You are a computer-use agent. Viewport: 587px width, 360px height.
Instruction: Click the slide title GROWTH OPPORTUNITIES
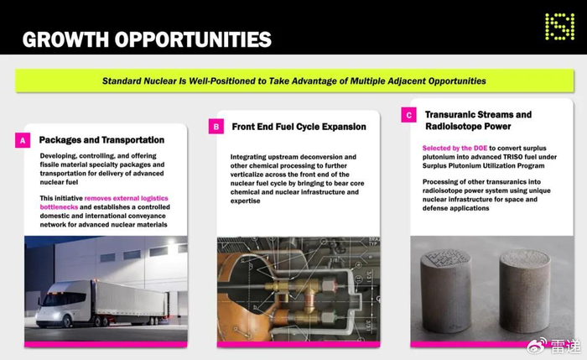tap(147, 39)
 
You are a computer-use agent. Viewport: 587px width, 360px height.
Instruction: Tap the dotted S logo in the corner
tap(559, 26)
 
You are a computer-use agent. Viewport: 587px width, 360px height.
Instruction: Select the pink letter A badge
tap(23, 140)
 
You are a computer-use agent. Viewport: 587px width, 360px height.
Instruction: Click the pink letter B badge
tap(216, 127)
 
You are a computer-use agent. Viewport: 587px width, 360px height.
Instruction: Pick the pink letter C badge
tap(408, 115)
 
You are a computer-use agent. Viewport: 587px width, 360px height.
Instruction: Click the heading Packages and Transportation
tap(101, 140)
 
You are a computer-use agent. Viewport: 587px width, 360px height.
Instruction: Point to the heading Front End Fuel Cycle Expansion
tap(299, 127)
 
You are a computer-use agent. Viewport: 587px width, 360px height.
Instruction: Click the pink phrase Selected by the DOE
tap(455, 148)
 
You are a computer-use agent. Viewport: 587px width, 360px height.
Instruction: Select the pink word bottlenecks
tap(59, 206)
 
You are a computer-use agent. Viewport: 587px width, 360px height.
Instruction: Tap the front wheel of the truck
tap(67, 321)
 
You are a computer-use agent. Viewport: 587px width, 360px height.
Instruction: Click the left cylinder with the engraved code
tap(446, 290)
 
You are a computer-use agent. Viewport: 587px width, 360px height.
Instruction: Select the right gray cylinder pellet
tap(524, 290)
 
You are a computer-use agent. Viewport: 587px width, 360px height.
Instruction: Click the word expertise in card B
tap(245, 201)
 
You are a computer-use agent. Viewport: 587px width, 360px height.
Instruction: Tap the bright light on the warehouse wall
tap(173, 243)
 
